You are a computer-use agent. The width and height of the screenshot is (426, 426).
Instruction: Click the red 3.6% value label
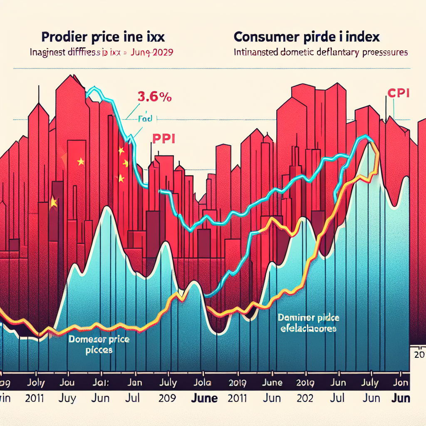click(x=154, y=98)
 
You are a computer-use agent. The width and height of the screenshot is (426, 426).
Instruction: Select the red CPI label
click(x=398, y=93)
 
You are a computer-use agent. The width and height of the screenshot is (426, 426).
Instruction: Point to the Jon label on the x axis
click(x=401, y=382)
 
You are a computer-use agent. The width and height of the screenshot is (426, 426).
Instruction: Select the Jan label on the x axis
click(x=134, y=382)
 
